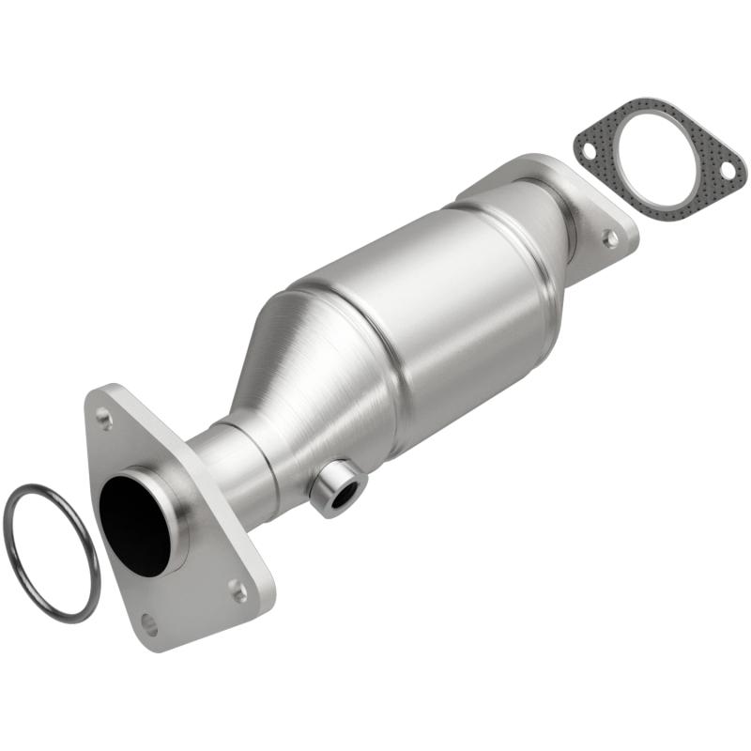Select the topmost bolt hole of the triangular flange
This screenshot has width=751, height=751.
coord(103,420)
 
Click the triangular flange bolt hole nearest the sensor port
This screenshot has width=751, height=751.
coord(238,590)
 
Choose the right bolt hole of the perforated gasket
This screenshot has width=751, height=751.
coord(726,170)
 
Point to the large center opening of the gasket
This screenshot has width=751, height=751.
coord(657,160)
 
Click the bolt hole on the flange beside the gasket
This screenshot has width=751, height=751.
coord(610,238)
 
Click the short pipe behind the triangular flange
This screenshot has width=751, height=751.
coord(230,469)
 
